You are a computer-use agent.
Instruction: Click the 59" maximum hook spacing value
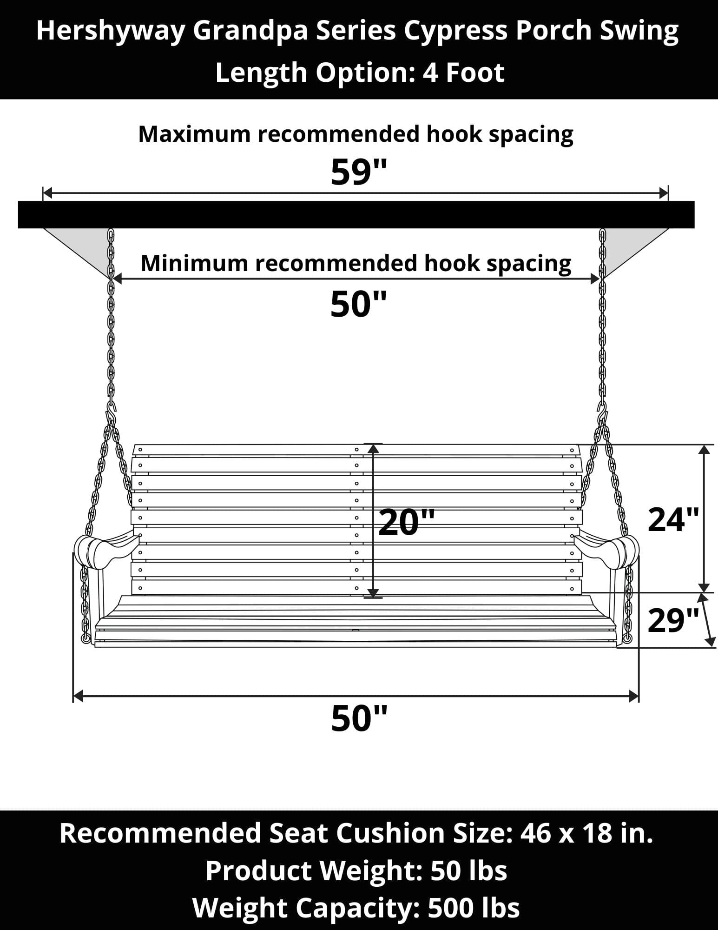click(x=358, y=172)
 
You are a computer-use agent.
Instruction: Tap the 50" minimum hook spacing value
click(x=358, y=305)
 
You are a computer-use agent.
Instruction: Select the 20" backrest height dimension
click(x=407, y=522)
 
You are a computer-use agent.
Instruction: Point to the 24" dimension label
click(x=673, y=519)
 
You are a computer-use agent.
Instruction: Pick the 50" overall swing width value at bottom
click(x=359, y=719)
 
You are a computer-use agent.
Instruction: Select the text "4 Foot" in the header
click(x=463, y=73)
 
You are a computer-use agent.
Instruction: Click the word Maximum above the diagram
click(x=195, y=134)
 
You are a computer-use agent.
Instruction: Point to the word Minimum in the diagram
click(x=195, y=263)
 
